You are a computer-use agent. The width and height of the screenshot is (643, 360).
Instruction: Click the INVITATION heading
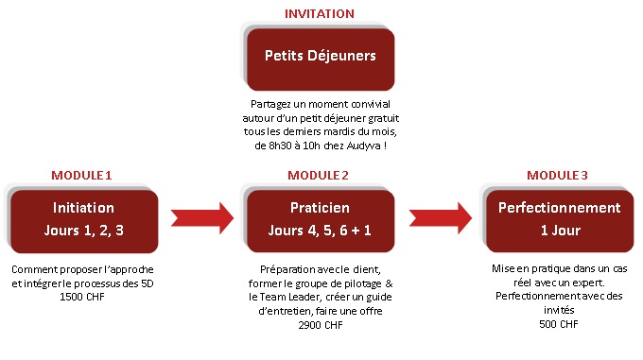[320, 13]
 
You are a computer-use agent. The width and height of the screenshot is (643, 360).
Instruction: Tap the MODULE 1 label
[81, 175]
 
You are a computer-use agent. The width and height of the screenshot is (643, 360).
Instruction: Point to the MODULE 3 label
[557, 175]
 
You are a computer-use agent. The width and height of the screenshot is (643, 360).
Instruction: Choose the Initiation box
[83, 219]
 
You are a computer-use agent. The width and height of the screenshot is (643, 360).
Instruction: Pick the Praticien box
[319, 219]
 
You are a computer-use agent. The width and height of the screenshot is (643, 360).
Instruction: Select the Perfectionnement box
[558, 219]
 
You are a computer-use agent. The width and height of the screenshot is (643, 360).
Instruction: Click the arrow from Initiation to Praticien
[200, 218]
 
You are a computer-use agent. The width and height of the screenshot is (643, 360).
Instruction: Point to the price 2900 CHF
[319, 324]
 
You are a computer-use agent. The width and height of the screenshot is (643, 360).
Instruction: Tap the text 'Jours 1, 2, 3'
[82, 231]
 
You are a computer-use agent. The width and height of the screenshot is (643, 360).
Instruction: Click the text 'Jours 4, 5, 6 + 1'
[319, 231]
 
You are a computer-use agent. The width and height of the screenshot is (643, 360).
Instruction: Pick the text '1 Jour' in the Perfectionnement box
[557, 231]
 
